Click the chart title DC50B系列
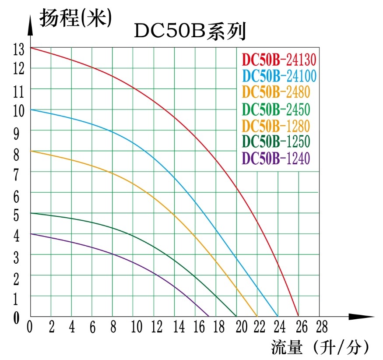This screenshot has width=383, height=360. tap(190, 32)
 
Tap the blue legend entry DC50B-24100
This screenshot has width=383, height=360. tap(279, 75)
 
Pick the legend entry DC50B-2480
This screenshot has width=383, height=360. tap(276, 92)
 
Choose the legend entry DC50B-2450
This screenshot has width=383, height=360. tap(276, 109)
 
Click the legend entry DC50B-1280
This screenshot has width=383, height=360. tap(276, 125)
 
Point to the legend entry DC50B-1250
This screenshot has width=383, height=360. tap(276, 141)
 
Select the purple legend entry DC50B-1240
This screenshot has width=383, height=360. tap(276, 158)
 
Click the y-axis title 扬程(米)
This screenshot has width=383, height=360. tap(75, 18)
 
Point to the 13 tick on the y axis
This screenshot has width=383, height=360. tap(19, 49)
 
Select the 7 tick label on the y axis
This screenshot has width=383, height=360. tap(16, 175)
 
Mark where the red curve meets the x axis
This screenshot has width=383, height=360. tap(298, 316)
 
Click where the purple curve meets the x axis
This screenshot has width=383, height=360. tap(209, 316)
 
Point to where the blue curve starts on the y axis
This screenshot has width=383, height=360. tap(30, 109)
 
